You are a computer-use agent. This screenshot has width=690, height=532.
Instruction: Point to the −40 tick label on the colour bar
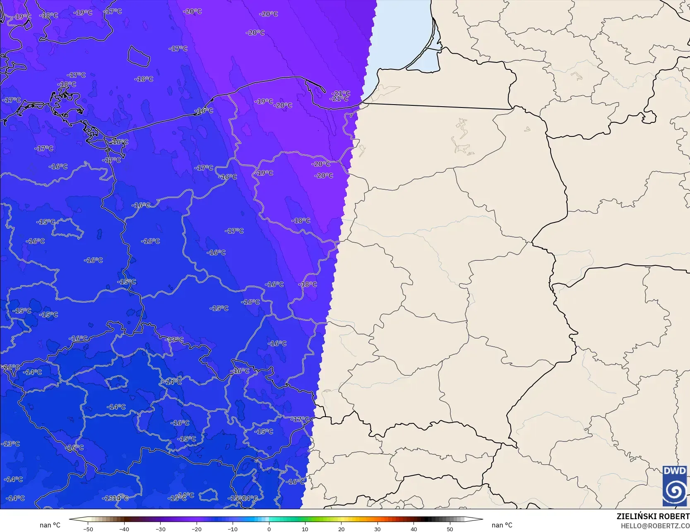[x=124, y=529]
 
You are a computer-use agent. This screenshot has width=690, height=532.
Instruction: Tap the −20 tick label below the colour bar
[x=197, y=529]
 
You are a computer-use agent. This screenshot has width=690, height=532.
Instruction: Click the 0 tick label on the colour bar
[x=269, y=529]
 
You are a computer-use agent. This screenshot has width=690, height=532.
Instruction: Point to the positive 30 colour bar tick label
[x=377, y=529]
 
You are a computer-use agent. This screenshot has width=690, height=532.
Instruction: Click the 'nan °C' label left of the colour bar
[x=50, y=525]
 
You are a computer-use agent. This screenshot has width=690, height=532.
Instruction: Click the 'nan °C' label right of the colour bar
[x=502, y=525]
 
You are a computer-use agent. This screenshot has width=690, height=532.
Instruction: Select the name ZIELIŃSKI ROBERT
[x=653, y=516]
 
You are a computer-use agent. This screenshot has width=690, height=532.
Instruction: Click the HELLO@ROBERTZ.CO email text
[x=655, y=525]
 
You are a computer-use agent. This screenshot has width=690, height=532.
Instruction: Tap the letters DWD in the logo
[x=675, y=471]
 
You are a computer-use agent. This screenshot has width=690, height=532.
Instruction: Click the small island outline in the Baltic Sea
[x=138, y=56]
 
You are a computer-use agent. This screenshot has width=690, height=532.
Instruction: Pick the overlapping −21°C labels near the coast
[x=340, y=96]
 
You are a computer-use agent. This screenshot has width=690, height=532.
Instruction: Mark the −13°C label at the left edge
[x=11, y=444]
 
